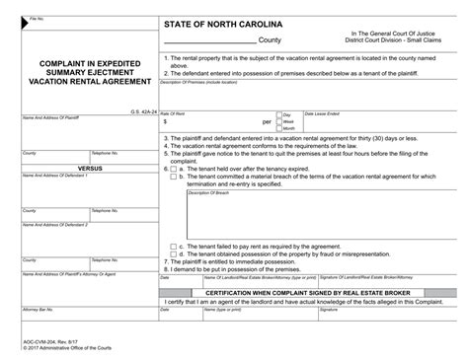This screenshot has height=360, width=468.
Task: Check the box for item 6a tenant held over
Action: click(x=175, y=169)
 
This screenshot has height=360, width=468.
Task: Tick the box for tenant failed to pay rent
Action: click(x=175, y=245)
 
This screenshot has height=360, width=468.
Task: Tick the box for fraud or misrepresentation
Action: click(x=175, y=252)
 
